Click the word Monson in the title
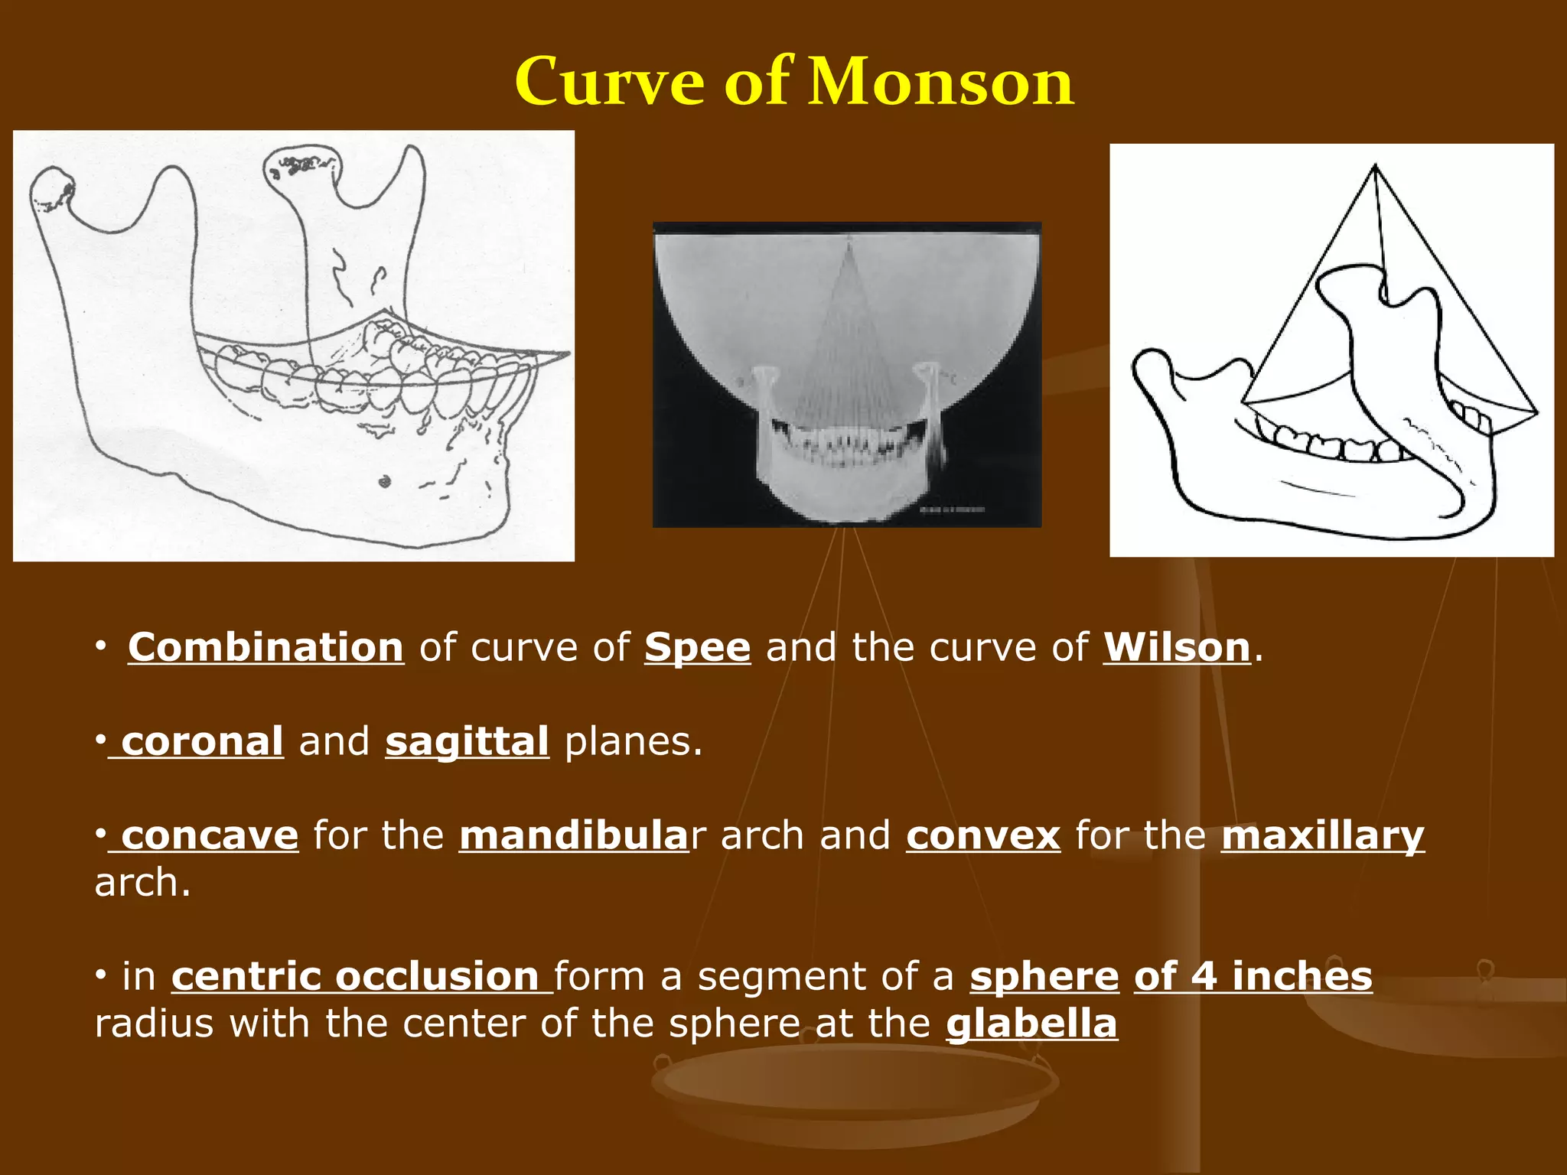[x=941, y=82]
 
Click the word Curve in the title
[x=609, y=82]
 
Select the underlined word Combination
[x=266, y=648]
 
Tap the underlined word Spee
[x=697, y=648]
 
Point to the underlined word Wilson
[x=1176, y=648]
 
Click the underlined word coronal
[x=202, y=742]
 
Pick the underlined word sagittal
[x=467, y=742]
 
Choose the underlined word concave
[x=209, y=835]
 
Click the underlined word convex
[x=983, y=835]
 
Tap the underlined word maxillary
[x=1322, y=835]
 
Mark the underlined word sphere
[x=1044, y=977]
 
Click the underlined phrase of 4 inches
[x=1253, y=977]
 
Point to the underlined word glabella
[x=1031, y=1024]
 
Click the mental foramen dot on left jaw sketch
[x=385, y=481]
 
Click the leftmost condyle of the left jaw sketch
[x=52, y=188]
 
